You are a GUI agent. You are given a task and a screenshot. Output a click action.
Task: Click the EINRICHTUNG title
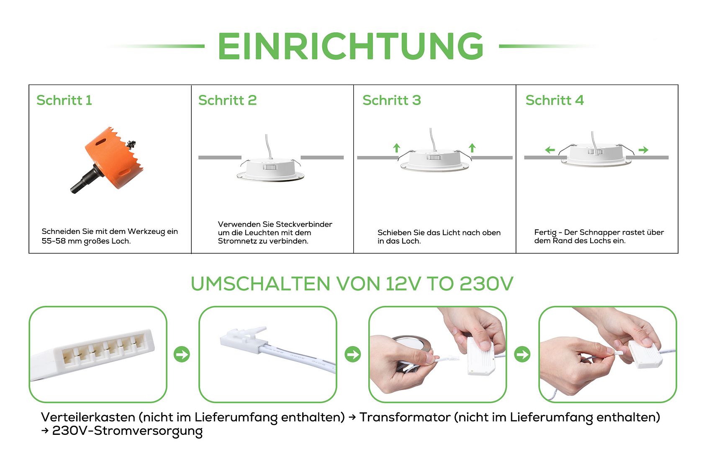pyautogui.click(x=351, y=46)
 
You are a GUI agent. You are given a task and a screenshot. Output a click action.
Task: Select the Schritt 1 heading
pyautogui.click(x=64, y=100)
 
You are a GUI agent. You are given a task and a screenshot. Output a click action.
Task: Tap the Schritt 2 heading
pyautogui.click(x=228, y=100)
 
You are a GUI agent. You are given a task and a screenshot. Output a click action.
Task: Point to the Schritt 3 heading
pyautogui.click(x=392, y=100)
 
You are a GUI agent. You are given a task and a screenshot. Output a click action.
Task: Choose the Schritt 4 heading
pyautogui.click(x=555, y=100)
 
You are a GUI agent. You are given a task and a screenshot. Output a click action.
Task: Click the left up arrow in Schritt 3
pyautogui.click(x=397, y=148)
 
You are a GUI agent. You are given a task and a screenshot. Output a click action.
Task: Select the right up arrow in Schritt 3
pyautogui.click(x=472, y=148)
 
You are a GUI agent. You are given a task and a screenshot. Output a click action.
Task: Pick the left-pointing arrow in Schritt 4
pyautogui.click(x=550, y=150)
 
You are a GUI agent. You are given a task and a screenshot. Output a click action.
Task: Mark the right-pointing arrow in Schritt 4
pyautogui.click(x=643, y=150)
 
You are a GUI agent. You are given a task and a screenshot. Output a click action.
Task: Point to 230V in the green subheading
pyautogui.click(x=486, y=284)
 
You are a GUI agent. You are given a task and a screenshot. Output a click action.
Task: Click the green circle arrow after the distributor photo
pyautogui.click(x=182, y=354)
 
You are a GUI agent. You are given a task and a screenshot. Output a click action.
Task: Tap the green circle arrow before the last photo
pyautogui.click(x=522, y=354)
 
